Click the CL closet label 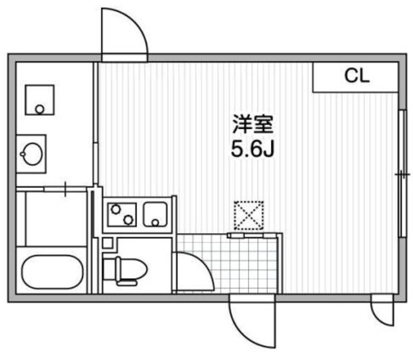pos(356,77)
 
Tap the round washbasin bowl pos(31,153)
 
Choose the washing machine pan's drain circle pos(40,109)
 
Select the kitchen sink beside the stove pos(157,214)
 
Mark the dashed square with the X pos(248,215)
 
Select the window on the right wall pos(401,174)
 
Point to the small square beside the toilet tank pos(108,243)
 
